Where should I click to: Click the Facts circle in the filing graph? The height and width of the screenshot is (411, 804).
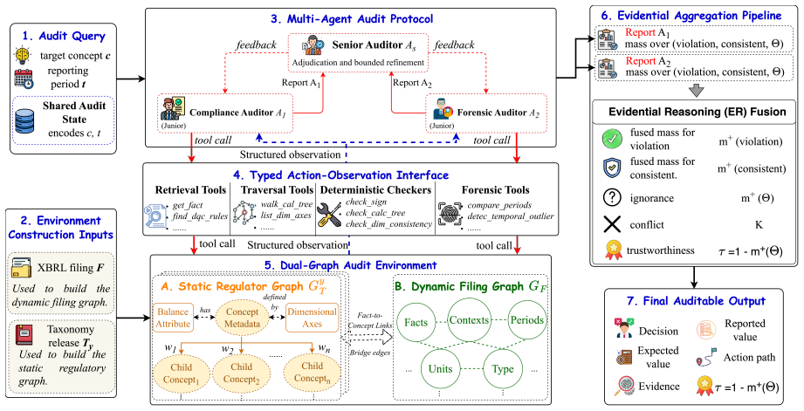(x=416, y=322)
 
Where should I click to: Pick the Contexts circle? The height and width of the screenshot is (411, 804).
(x=469, y=320)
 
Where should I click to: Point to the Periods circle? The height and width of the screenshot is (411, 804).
(x=526, y=320)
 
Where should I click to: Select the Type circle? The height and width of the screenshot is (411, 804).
(x=503, y=369)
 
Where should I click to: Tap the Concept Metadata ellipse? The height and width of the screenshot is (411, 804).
(x=242, y=318)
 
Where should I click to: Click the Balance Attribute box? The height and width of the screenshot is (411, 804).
(x=173, y=317)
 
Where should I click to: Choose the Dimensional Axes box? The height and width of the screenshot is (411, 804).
(x=312, y=317)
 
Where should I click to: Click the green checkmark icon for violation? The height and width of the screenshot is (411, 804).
(x=612, y=140)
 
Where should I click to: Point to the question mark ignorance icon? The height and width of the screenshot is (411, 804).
(x=612, y=198)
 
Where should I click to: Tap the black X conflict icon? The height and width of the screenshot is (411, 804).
(x=612, y=224)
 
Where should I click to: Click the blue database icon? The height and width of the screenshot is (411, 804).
(x=25, y=121)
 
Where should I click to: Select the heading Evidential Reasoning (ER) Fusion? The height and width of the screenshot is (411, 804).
(x=697, y=112)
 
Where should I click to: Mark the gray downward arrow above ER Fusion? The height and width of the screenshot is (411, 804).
(x=695, y=91)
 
